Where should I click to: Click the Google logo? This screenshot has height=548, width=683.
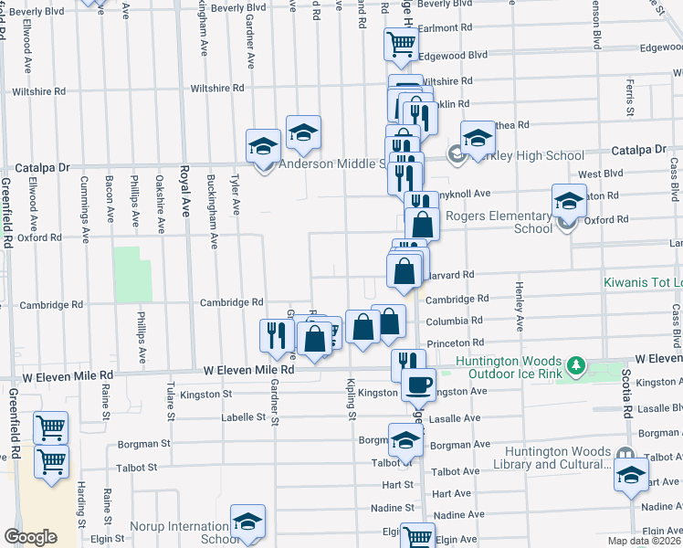point(30,537)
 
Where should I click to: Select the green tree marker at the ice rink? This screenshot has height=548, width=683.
point(575,367)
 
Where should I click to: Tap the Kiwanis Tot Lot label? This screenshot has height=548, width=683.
point(643,283)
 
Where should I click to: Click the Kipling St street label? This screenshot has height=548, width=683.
point(352,398)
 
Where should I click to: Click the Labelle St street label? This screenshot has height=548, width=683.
point(247,417)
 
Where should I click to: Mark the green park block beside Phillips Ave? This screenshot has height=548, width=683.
point(133,273)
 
